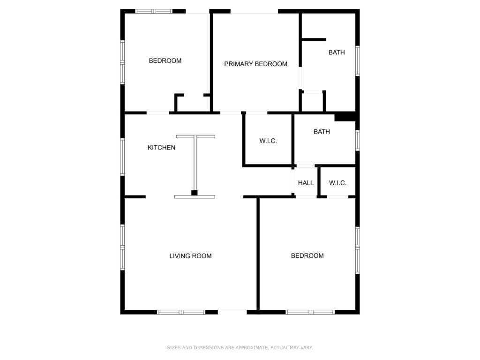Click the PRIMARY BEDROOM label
tap(255, 64)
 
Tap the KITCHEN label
tap(161, 148)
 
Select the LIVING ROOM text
tap(190, 256)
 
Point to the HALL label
tap(306, 183)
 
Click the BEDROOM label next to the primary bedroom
tap(165, 60)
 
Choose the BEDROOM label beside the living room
tap(307, 255)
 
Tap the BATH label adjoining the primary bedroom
tap(337, 52)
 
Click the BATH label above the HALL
tap(322, 132)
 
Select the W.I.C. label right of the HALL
tap(337, 183)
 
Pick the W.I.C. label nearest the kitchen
tap(268, 141)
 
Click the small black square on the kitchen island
tap(195, 193)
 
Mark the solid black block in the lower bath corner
tap(345, 117)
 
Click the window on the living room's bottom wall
tap(181, 312)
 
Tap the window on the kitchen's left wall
tap(122, 157)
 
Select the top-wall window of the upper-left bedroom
tap(154, 11)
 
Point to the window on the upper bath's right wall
tap(358, 60)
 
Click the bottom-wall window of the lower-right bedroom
tap(310, 312)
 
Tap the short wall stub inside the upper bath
tap(314, 39)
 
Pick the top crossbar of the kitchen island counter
tap(195, 136)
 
